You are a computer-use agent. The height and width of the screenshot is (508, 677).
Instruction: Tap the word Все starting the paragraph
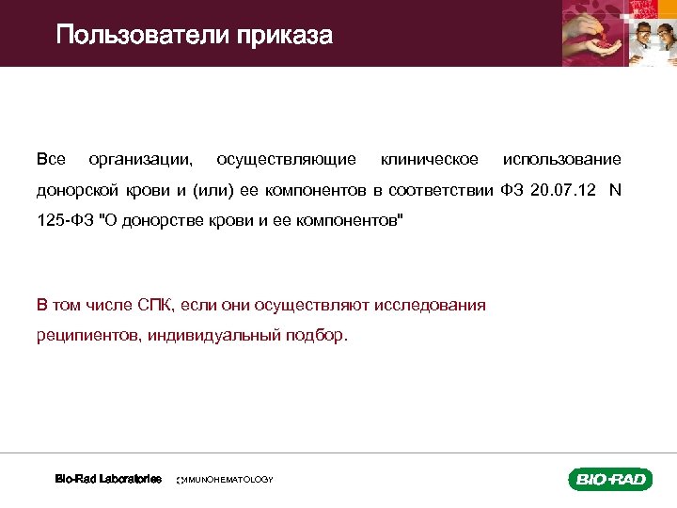point(51,159)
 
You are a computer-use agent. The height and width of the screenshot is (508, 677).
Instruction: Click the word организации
point(141,159)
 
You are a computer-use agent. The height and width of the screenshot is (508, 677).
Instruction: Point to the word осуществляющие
point(286,159)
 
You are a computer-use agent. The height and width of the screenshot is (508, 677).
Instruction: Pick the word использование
point(561,159)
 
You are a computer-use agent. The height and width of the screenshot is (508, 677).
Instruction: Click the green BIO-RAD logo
point(609,479)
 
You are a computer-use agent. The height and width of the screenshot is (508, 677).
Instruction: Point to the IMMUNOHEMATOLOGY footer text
point(226,480)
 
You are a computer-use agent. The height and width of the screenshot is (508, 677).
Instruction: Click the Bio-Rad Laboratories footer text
point(108,479)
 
